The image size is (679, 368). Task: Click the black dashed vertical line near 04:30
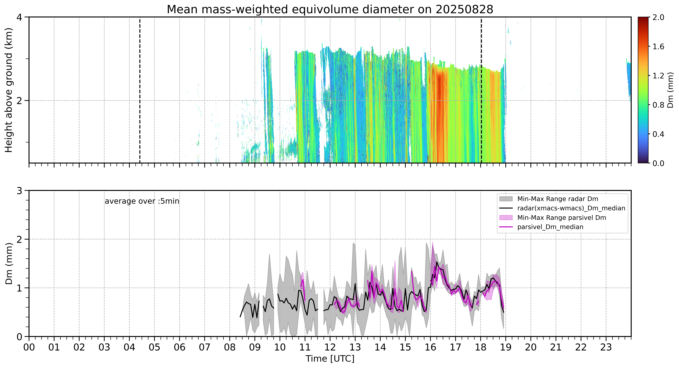[x=140, y=90]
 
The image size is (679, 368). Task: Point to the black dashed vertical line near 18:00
[x=481, y=90]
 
